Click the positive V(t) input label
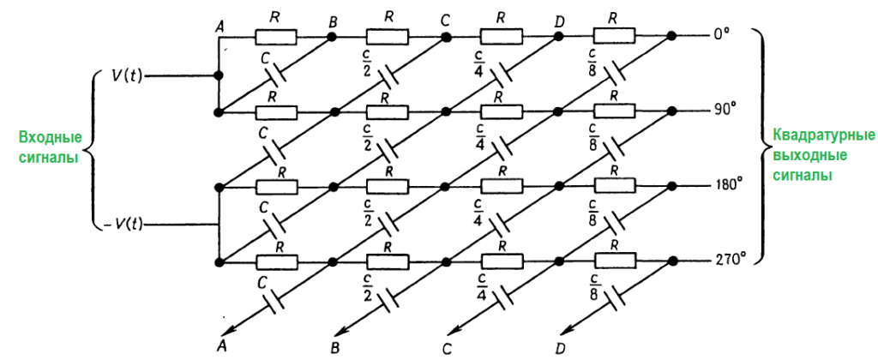click(127, 75)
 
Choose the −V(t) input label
click(123, 225)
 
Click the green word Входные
click(51, 138)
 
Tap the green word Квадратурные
click(823, 136)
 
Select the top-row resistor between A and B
click(275, 37)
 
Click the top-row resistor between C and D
click(501, 37)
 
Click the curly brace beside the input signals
click(97, 150)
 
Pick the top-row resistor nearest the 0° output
click(613, 37)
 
